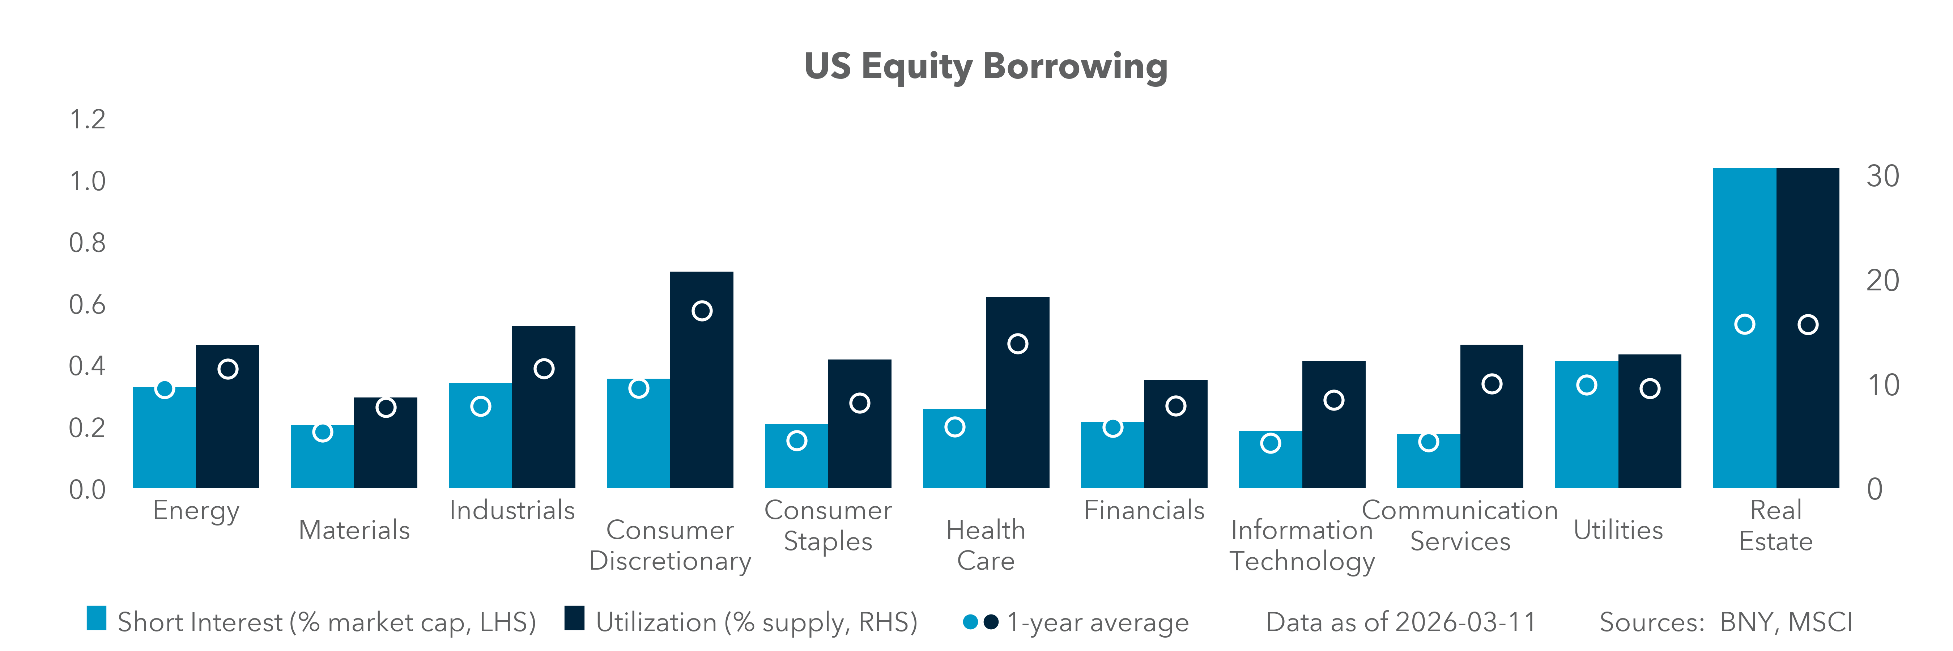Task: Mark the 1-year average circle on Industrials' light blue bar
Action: click(481, 406)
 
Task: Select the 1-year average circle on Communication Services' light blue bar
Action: click(1428, 442)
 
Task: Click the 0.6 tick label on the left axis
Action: click(87, 305)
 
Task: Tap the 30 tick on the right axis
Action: click(1882, 176)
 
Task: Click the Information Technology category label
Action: click(1302, 546)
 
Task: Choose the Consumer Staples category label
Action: click(828, 526)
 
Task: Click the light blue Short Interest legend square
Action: click(96, 618)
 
